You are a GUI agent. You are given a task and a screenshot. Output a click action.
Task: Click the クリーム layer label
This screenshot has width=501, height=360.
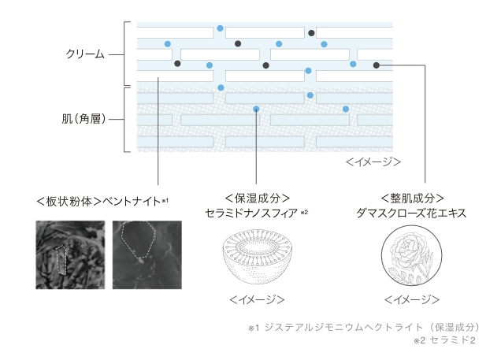pyautogui.click(x=85, y=54)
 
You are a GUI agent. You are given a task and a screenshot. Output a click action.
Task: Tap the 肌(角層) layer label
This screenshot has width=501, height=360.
pyautogui.click(x=83, y=119)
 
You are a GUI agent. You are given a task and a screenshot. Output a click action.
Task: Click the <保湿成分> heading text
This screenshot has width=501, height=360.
pyautogui.click(x=258, y=199)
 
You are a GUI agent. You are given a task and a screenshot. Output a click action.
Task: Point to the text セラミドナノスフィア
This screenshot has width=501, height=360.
pyautogui.click(x=251, y=213)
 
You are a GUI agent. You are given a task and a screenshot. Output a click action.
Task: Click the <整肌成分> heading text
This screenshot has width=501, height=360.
pyautogui.click(x=412, y=199)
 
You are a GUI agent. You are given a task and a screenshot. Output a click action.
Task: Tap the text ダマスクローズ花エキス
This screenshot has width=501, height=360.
pyautogui.click(x=411, y=213)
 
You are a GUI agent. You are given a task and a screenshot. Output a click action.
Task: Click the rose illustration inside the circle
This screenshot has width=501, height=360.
pyautogui.click(x=411, y=255)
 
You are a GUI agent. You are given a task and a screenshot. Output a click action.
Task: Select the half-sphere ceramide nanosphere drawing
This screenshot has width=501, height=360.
pyautogui.click(x=258, y=256)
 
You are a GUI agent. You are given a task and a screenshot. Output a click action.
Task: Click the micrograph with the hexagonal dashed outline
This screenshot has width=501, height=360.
pyautogui.click(x=147, y=255)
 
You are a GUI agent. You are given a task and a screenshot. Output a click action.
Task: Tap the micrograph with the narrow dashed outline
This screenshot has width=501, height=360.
pyautogui.click(x=70, y=255)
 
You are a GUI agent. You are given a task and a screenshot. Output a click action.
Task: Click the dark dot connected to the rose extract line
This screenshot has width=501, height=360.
pyautogui.click(x=377, y=65)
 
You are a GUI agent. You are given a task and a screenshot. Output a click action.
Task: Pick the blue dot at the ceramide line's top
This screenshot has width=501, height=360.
pyautogui.click(x=256, y=109)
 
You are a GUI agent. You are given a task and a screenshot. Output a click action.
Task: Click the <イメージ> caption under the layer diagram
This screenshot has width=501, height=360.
pyautogui.click(x=373, y=162)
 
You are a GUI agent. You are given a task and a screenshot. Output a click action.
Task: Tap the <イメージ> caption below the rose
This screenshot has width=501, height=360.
pyautogui.click(x=412, y=299)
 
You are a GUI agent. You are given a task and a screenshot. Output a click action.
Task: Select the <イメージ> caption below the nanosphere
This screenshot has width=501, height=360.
pyautogui.click(x=257, y=299)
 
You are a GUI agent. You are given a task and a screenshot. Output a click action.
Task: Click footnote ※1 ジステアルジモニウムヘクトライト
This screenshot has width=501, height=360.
pyautogui.click(x=364, y=327)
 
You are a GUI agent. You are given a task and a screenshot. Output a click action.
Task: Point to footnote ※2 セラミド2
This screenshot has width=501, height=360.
pyautogui.click(x=445, y=340)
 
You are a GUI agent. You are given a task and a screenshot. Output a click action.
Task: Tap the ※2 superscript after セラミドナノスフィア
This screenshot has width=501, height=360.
pyautogui.click(x=304, y=212)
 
